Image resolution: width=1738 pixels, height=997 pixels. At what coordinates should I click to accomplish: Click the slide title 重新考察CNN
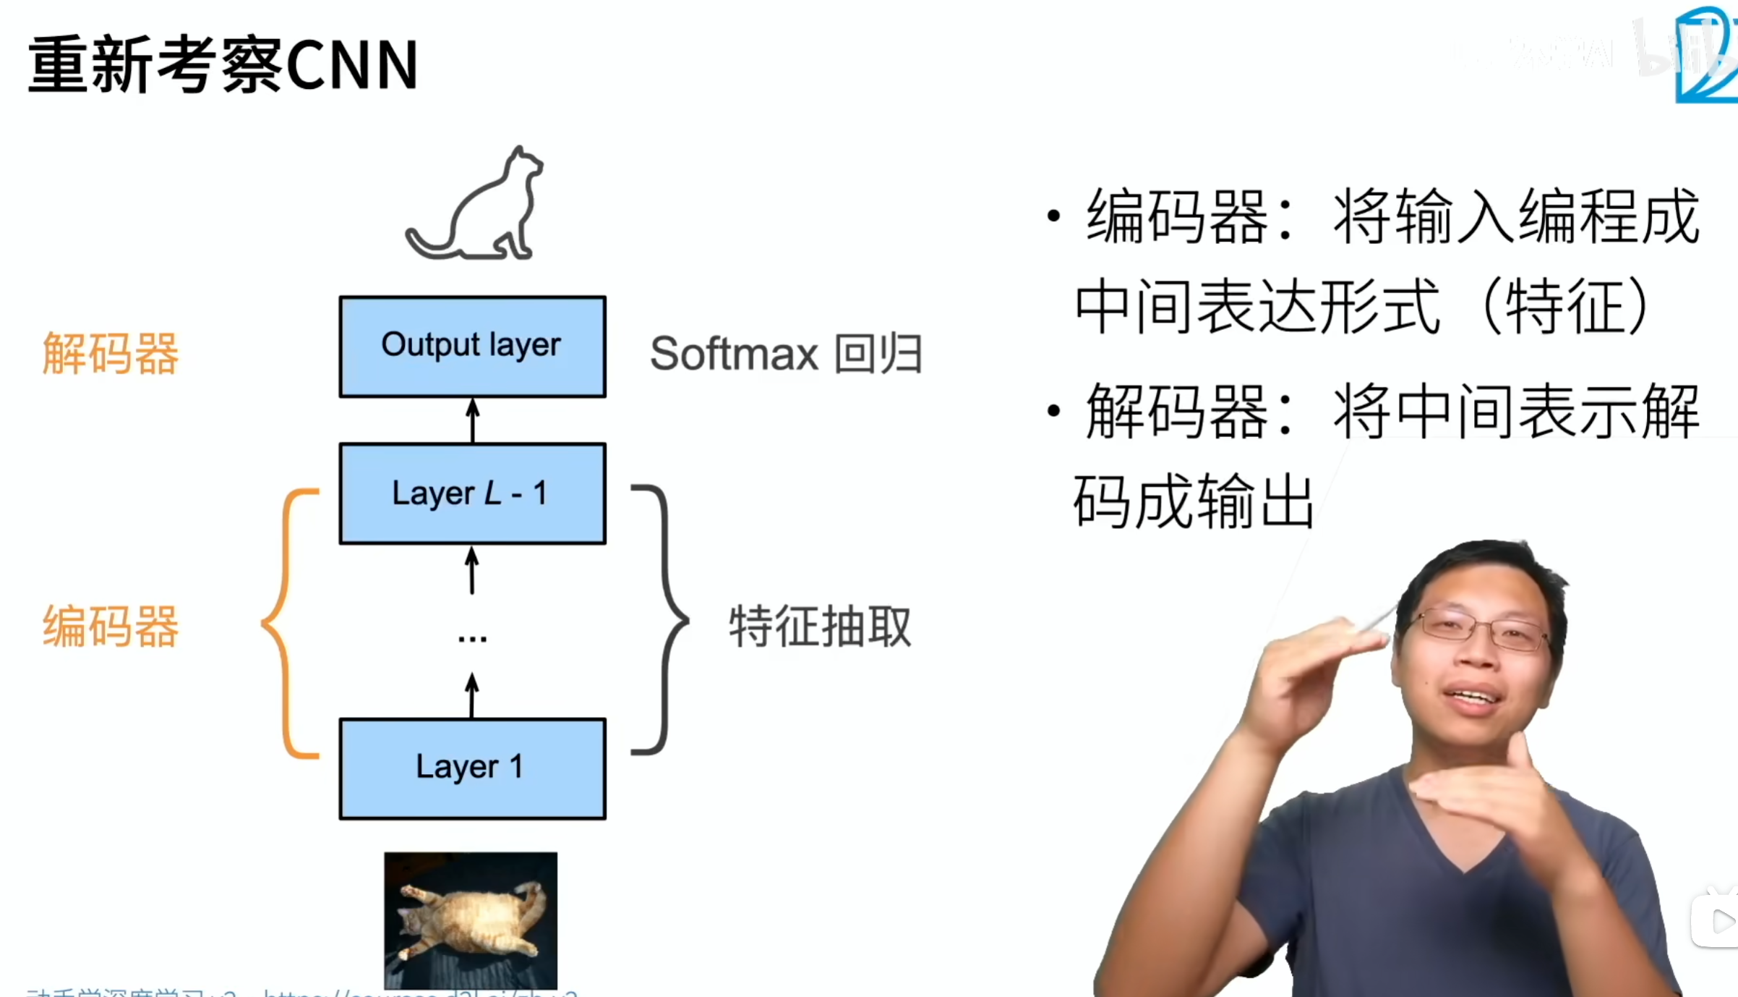point(223,65)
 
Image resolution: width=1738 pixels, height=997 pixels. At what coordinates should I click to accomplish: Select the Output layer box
point(472,347)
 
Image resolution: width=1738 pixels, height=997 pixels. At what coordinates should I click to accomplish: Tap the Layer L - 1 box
point(472,493)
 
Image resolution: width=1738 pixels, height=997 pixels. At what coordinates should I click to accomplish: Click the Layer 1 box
point(472,768)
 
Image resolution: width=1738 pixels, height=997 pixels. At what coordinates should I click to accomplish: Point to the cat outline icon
point(477,206)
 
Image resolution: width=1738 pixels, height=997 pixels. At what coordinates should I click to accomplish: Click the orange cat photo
point(471,919)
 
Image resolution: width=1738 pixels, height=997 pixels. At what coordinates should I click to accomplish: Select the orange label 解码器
point(110,354)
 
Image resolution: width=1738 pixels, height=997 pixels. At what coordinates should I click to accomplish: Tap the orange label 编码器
point(110,626)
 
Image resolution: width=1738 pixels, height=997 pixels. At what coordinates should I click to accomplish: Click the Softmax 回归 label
point(786,354)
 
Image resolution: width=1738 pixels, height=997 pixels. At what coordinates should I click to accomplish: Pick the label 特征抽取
point(819,626)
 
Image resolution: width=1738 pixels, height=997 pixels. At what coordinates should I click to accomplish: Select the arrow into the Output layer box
point(473,420)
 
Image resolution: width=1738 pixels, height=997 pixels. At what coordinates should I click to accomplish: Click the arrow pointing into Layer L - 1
point(472,570)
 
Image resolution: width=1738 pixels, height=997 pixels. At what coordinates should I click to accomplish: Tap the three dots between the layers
point(472,639)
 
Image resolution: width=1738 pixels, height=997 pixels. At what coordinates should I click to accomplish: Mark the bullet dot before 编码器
point(1053,216)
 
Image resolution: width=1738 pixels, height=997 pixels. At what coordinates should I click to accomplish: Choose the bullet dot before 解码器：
point(1053,411)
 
